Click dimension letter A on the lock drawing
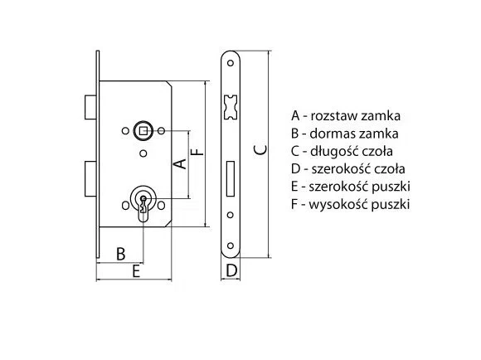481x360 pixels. tap(180, 164)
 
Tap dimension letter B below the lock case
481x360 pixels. tap(121, 254)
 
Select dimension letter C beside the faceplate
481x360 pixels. tap(260, 150)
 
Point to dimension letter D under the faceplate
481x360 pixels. tap(231, 270)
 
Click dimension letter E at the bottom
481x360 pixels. tap(136, 271)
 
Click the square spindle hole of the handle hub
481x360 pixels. tap(143, 131)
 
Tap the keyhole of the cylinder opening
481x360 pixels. tap(143, 205)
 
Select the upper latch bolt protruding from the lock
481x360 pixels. tap(90, 107)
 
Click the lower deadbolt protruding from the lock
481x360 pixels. tap(90, 178)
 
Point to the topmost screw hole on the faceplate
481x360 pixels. tap(230, 63)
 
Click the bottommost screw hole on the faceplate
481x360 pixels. tap(230, 246)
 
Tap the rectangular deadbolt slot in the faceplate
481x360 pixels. tap(231, 178)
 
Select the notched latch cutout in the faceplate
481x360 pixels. tap(231, 107)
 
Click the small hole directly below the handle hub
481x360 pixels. tap(143, 153)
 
